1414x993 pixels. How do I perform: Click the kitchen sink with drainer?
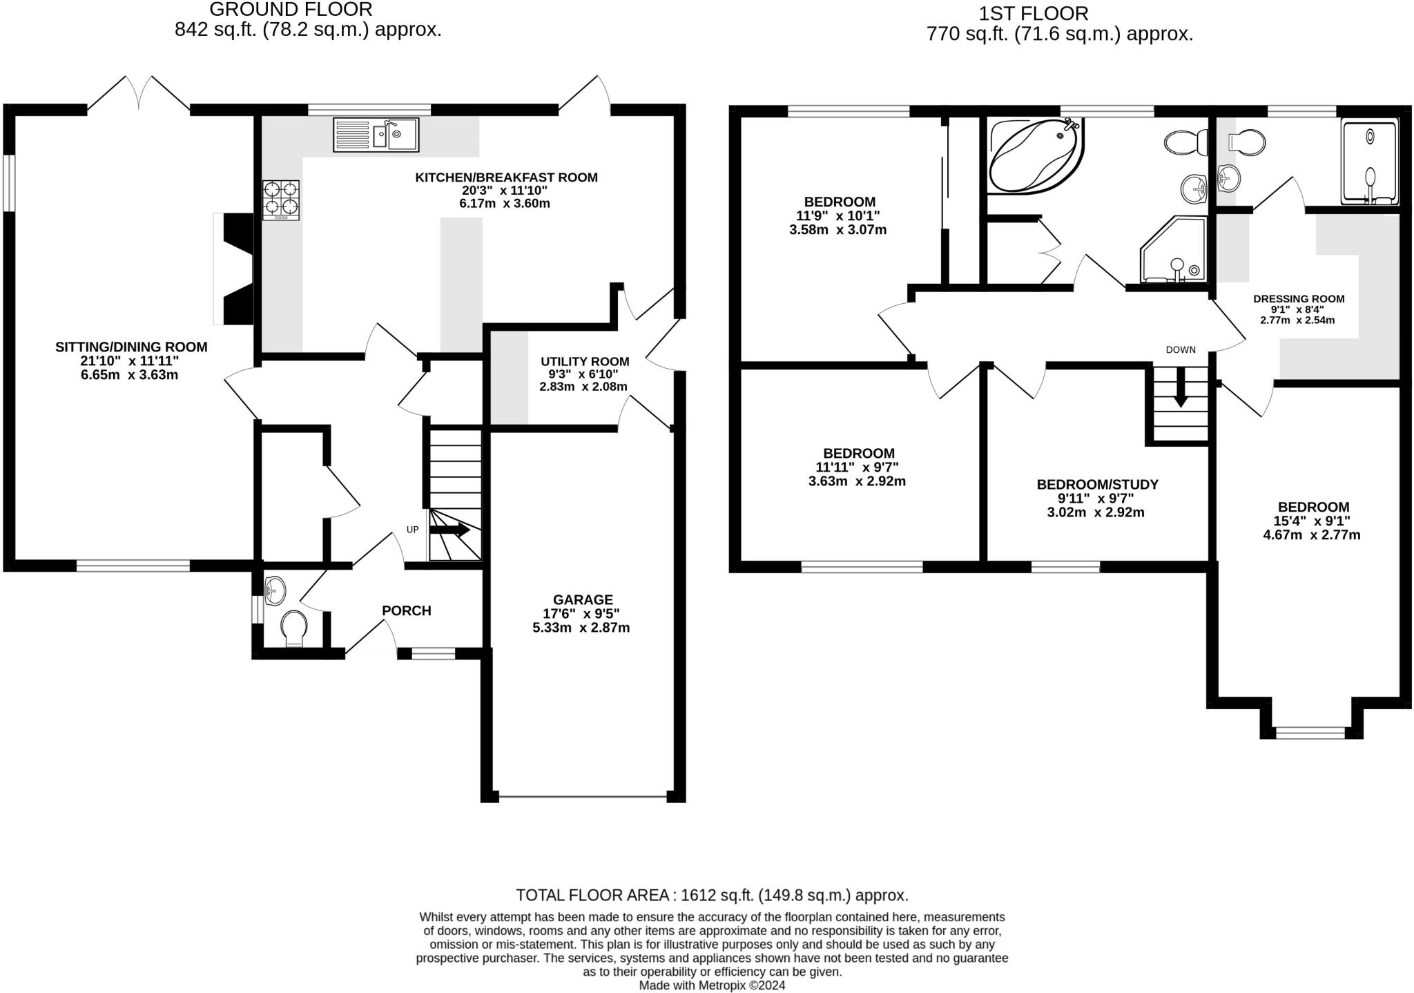point(376,134)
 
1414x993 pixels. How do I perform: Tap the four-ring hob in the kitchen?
point(281,200)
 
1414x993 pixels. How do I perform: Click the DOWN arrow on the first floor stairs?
point(1181,389)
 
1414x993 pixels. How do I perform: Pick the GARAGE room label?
point(582,599)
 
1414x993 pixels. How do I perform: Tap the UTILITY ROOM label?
point(585,361)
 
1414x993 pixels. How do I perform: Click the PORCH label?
point(406,610)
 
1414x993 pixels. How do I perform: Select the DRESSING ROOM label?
point(1299,299)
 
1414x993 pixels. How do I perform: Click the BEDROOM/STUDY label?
point(1097,484)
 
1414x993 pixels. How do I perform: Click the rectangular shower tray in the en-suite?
point(1370,162)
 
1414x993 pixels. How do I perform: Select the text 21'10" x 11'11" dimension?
point(129,360)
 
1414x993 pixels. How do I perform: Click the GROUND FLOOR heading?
point(291,10)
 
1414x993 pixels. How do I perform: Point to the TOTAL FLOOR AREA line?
point(712,895)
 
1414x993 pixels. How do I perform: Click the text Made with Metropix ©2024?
point(712,985)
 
